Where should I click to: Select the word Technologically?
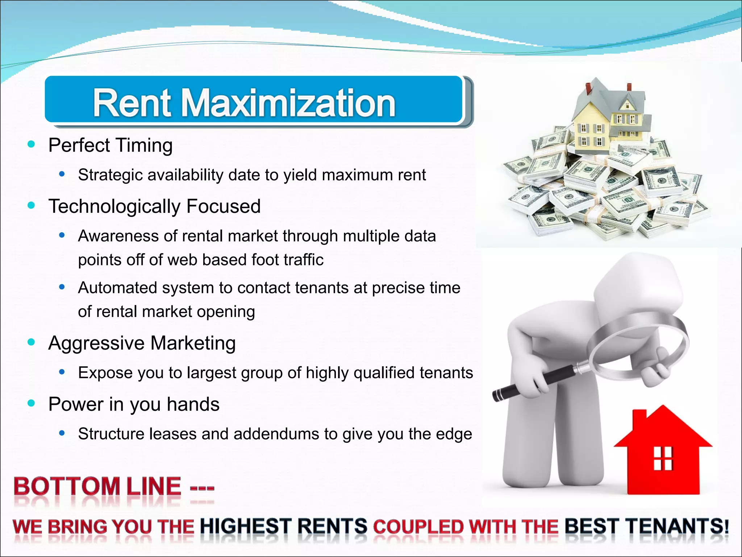click(x=114, y=206)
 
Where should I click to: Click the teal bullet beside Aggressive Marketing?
click(x=31, y=342)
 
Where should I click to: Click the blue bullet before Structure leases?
click(x=62, y=433)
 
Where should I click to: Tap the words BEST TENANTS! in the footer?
click(x=646, y=526)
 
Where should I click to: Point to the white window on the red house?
click(x=663, y=458)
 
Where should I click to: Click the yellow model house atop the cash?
click(x=609, y=120)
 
